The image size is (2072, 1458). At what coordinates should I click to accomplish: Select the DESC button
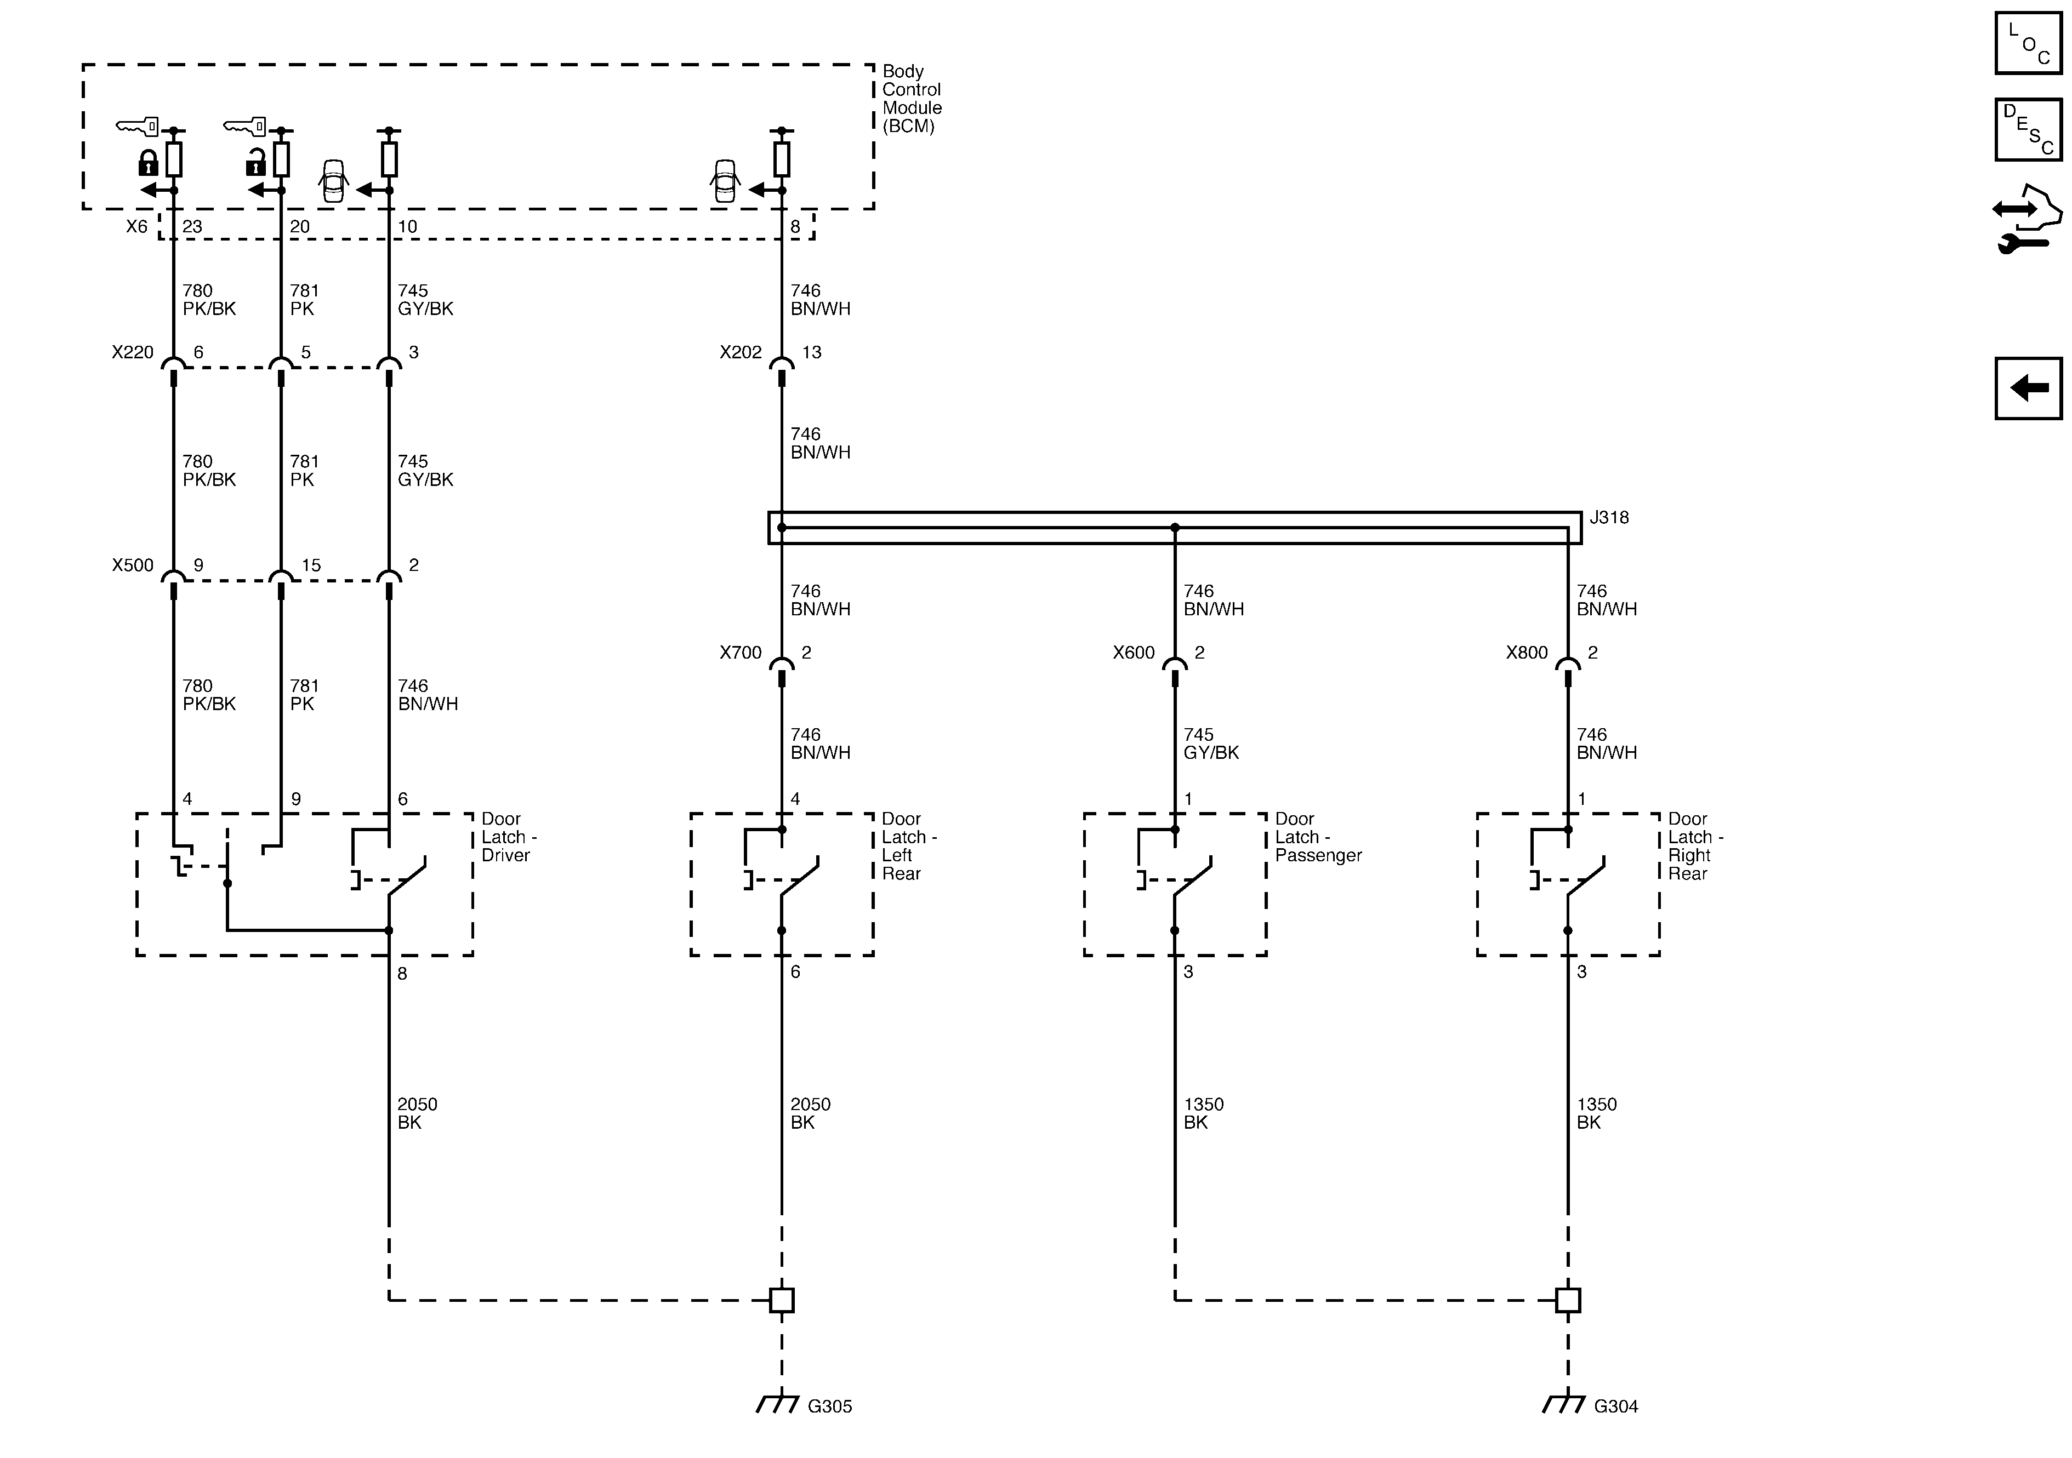(x=2028, y=130)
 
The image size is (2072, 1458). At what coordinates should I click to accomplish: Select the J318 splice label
(x=1609, y=518)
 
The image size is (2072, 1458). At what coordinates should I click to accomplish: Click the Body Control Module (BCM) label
(x=912, y=98)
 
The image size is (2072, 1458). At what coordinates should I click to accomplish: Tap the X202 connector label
(x=740, y=353)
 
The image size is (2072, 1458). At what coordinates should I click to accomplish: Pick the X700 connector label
(x=740, y=653)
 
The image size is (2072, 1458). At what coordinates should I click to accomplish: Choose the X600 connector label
(x=1134, y=653)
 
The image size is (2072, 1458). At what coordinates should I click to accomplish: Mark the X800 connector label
(x=1526, y=653)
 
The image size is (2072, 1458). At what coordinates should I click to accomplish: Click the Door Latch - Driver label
(x=508, y=837)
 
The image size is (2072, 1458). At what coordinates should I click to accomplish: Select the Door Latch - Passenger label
(x=1318, y=837)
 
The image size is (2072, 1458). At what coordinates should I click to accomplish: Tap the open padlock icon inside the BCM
(x=255, y=163)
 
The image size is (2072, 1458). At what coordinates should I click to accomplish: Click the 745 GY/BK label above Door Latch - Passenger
(x=1211, y=744)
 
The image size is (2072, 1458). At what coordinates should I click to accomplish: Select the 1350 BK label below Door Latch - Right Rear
(x=1596, y=1113)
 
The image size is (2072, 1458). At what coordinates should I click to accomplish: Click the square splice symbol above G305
(x=782, y=1300)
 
